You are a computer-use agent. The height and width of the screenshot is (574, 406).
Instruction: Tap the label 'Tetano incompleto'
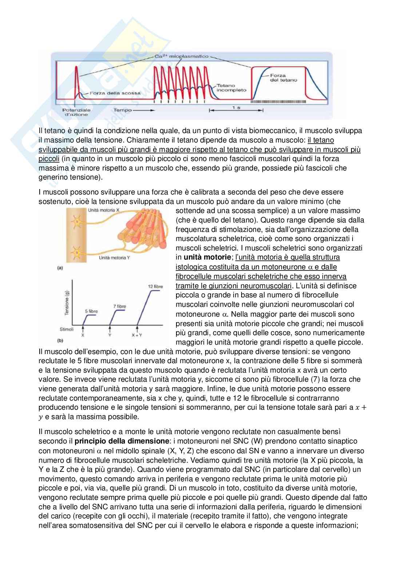click(x=231, y=87)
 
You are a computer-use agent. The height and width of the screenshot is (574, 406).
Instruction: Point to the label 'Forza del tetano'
click(x=283, y=78)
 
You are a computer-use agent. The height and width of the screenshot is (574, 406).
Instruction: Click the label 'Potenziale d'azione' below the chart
click(x=76, y=112)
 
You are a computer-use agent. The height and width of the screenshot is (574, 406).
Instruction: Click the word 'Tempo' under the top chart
click(x=123, y=110)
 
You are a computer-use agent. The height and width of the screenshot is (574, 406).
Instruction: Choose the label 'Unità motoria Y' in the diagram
click(x=115, y=257)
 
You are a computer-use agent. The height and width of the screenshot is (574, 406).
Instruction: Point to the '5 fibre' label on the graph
click(x=91, y=311)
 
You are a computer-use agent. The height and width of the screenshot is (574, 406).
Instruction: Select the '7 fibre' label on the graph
click(x=119, y=306)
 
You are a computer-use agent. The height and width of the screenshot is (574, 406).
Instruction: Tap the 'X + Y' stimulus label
click(x=137, y=336)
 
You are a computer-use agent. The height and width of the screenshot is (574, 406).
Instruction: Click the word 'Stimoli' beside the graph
click(x=67, y=329)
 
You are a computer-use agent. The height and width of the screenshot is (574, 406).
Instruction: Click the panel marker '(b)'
click(x=60, y=341)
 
